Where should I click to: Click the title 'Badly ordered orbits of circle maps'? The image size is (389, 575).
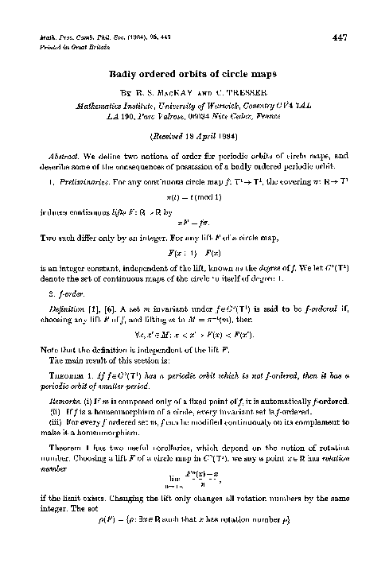point(194,76)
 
